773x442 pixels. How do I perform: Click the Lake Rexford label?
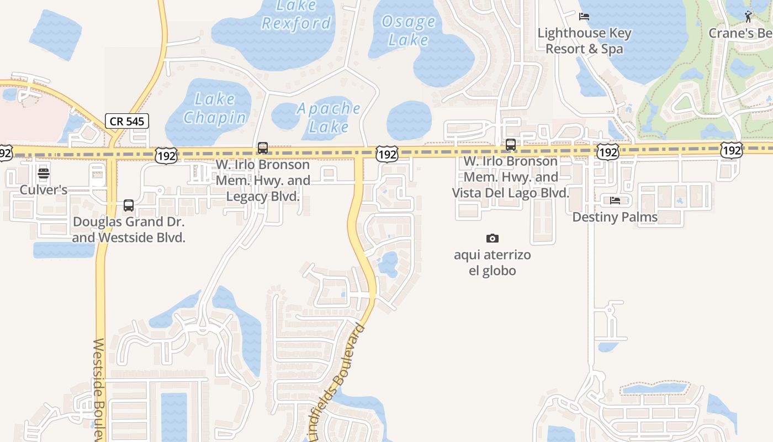297,15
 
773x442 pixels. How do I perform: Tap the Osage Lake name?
409,30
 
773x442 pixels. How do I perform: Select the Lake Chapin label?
215,108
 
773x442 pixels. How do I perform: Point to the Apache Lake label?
329,117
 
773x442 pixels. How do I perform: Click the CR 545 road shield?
127,120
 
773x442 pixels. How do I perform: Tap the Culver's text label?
44,190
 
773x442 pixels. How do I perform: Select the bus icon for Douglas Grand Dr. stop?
129,206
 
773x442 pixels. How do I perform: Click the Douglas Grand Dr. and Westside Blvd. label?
129,230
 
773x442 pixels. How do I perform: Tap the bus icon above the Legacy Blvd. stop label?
263,148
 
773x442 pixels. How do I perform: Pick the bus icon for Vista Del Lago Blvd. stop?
511,145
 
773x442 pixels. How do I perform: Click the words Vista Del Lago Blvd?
510,193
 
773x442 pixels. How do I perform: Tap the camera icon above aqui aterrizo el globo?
493,238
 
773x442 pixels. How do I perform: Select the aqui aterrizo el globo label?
493,262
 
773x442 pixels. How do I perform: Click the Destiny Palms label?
615,217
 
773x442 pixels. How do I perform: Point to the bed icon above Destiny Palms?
615,200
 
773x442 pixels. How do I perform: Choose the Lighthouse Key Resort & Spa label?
585,41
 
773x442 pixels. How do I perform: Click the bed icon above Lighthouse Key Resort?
584,17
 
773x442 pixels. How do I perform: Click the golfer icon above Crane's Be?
748,17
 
